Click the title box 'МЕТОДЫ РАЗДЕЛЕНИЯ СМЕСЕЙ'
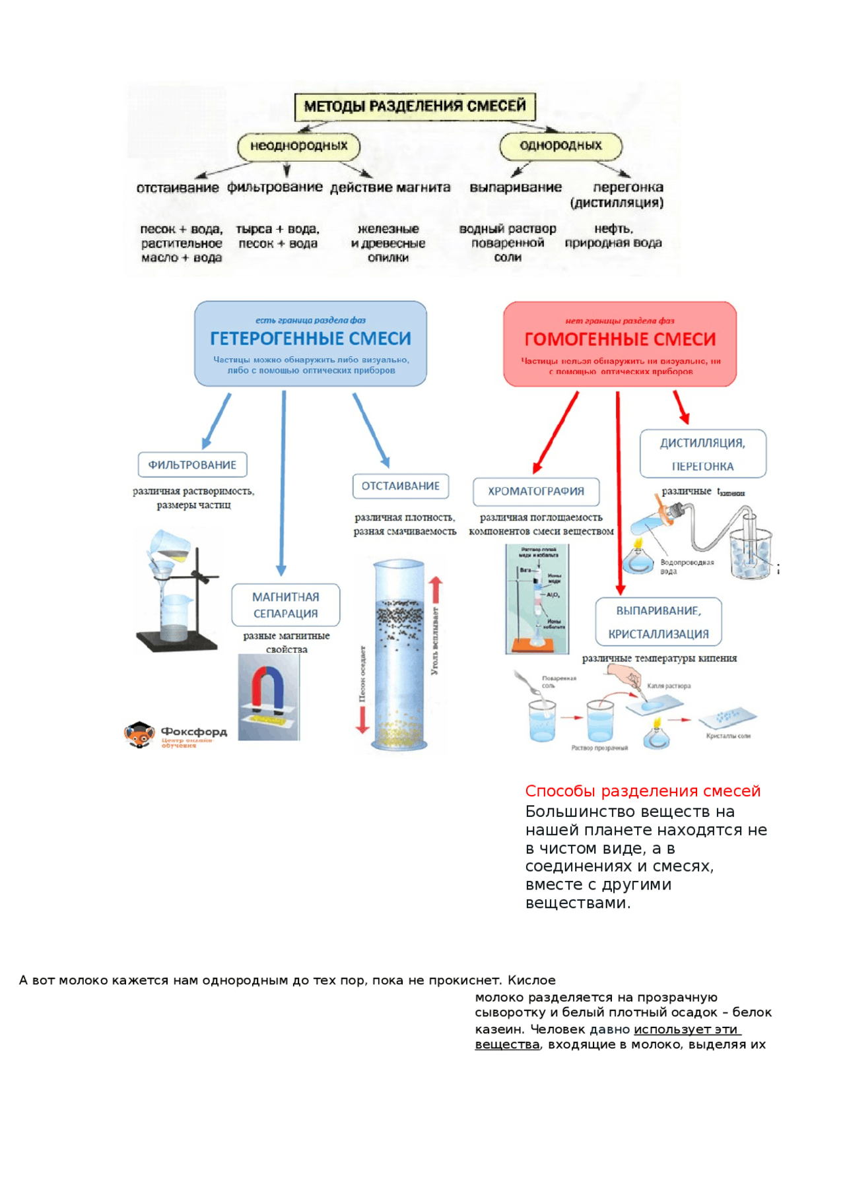coord(415,106)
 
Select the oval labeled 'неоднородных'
coord(298,146)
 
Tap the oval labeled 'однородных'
coord(560,146)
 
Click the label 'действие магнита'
coord(390,187)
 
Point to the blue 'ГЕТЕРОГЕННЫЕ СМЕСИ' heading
coord(310,339)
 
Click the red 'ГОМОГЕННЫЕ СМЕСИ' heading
coord(620,339)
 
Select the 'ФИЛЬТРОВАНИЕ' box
coord(192,465)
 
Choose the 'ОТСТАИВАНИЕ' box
coord(400,486)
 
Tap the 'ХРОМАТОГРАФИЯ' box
coord(536,492)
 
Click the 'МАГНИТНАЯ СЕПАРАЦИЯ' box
coord(285,605)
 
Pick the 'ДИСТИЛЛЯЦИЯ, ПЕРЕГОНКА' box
coord(702,454)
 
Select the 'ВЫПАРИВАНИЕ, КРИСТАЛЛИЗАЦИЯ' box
coord(658,622)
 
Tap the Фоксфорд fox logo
coord(139,734)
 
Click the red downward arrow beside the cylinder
coord(362,719)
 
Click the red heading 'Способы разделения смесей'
coord(642,791)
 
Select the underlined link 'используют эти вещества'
coord(687,1029)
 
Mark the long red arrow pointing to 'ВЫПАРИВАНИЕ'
coord(619,495)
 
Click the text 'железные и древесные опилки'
coord(388,243)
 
